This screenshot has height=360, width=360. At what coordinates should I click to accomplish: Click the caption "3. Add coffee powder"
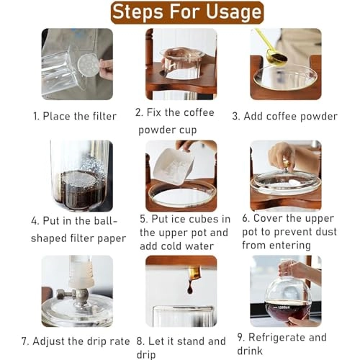pyautogui.click(x=284, y=115)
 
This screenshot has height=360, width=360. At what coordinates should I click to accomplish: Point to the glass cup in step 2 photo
pyautogui.click(x=180, y=63)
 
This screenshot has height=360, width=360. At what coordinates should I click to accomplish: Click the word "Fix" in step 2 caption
pyautogui.click(x=161, y=112)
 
